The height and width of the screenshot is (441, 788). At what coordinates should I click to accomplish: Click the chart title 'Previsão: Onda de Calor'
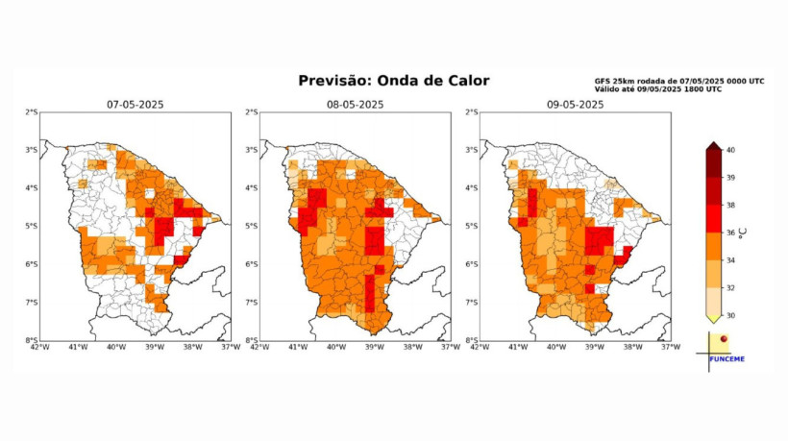[x=393, y=81]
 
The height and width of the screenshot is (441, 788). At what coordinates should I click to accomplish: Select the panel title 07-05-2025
[x=135, y=104]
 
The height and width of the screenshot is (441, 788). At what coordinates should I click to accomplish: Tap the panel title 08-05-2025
[x=355, y=104]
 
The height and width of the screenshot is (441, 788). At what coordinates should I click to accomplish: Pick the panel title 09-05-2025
[x=575, y=104]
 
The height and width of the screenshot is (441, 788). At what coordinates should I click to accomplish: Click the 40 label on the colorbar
[x=729, y=150]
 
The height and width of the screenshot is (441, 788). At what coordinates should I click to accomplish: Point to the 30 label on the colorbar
[x=729, y=314]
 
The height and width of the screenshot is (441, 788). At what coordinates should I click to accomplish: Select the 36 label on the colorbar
[x=729, y=232]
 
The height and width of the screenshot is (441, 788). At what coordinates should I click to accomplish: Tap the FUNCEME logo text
[x=726, y=359]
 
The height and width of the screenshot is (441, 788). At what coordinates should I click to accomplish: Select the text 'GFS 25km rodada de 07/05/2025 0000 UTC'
[x=679, y=81]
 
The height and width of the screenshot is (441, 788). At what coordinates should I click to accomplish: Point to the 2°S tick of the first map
[x=32, y=112]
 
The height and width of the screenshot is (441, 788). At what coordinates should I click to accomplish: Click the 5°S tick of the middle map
[x=252, y=227]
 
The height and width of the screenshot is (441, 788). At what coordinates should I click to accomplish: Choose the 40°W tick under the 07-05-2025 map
[x=115, y=347]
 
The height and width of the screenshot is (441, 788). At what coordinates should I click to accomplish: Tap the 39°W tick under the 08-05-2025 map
[x=373, y=347]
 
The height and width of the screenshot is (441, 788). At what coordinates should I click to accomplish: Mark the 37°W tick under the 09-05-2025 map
[x=669, y=347]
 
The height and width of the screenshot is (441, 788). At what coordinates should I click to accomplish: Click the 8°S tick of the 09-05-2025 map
[x=472, y=340]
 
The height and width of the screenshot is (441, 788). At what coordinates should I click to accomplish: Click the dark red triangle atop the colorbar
[x=713, y=145]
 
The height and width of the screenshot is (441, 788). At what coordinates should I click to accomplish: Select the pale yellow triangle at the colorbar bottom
[x=713, y=318]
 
